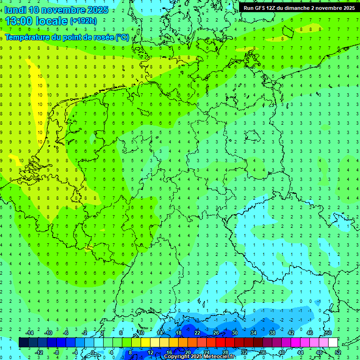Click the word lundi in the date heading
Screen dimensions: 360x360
(x=15, y=10)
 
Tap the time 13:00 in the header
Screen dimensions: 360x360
(x=19, y=21)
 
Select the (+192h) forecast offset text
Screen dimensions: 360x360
(x=83, y=21)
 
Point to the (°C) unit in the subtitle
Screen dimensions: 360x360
(x=122, y=37)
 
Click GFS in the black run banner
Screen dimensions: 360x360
(x=261, y=8)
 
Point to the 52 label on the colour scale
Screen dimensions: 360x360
(x=337, y=352)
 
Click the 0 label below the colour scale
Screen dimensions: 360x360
(x=93, y=352)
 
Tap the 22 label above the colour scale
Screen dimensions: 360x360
(x=197, y=333)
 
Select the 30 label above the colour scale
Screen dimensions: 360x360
(x=235, y=333)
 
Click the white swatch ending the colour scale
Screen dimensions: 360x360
(x=333, y=342)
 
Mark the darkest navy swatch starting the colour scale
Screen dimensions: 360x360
(x=23, y=342)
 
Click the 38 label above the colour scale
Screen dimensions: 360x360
(x=272, y=333)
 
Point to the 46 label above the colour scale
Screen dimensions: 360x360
(x=310, y=333)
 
